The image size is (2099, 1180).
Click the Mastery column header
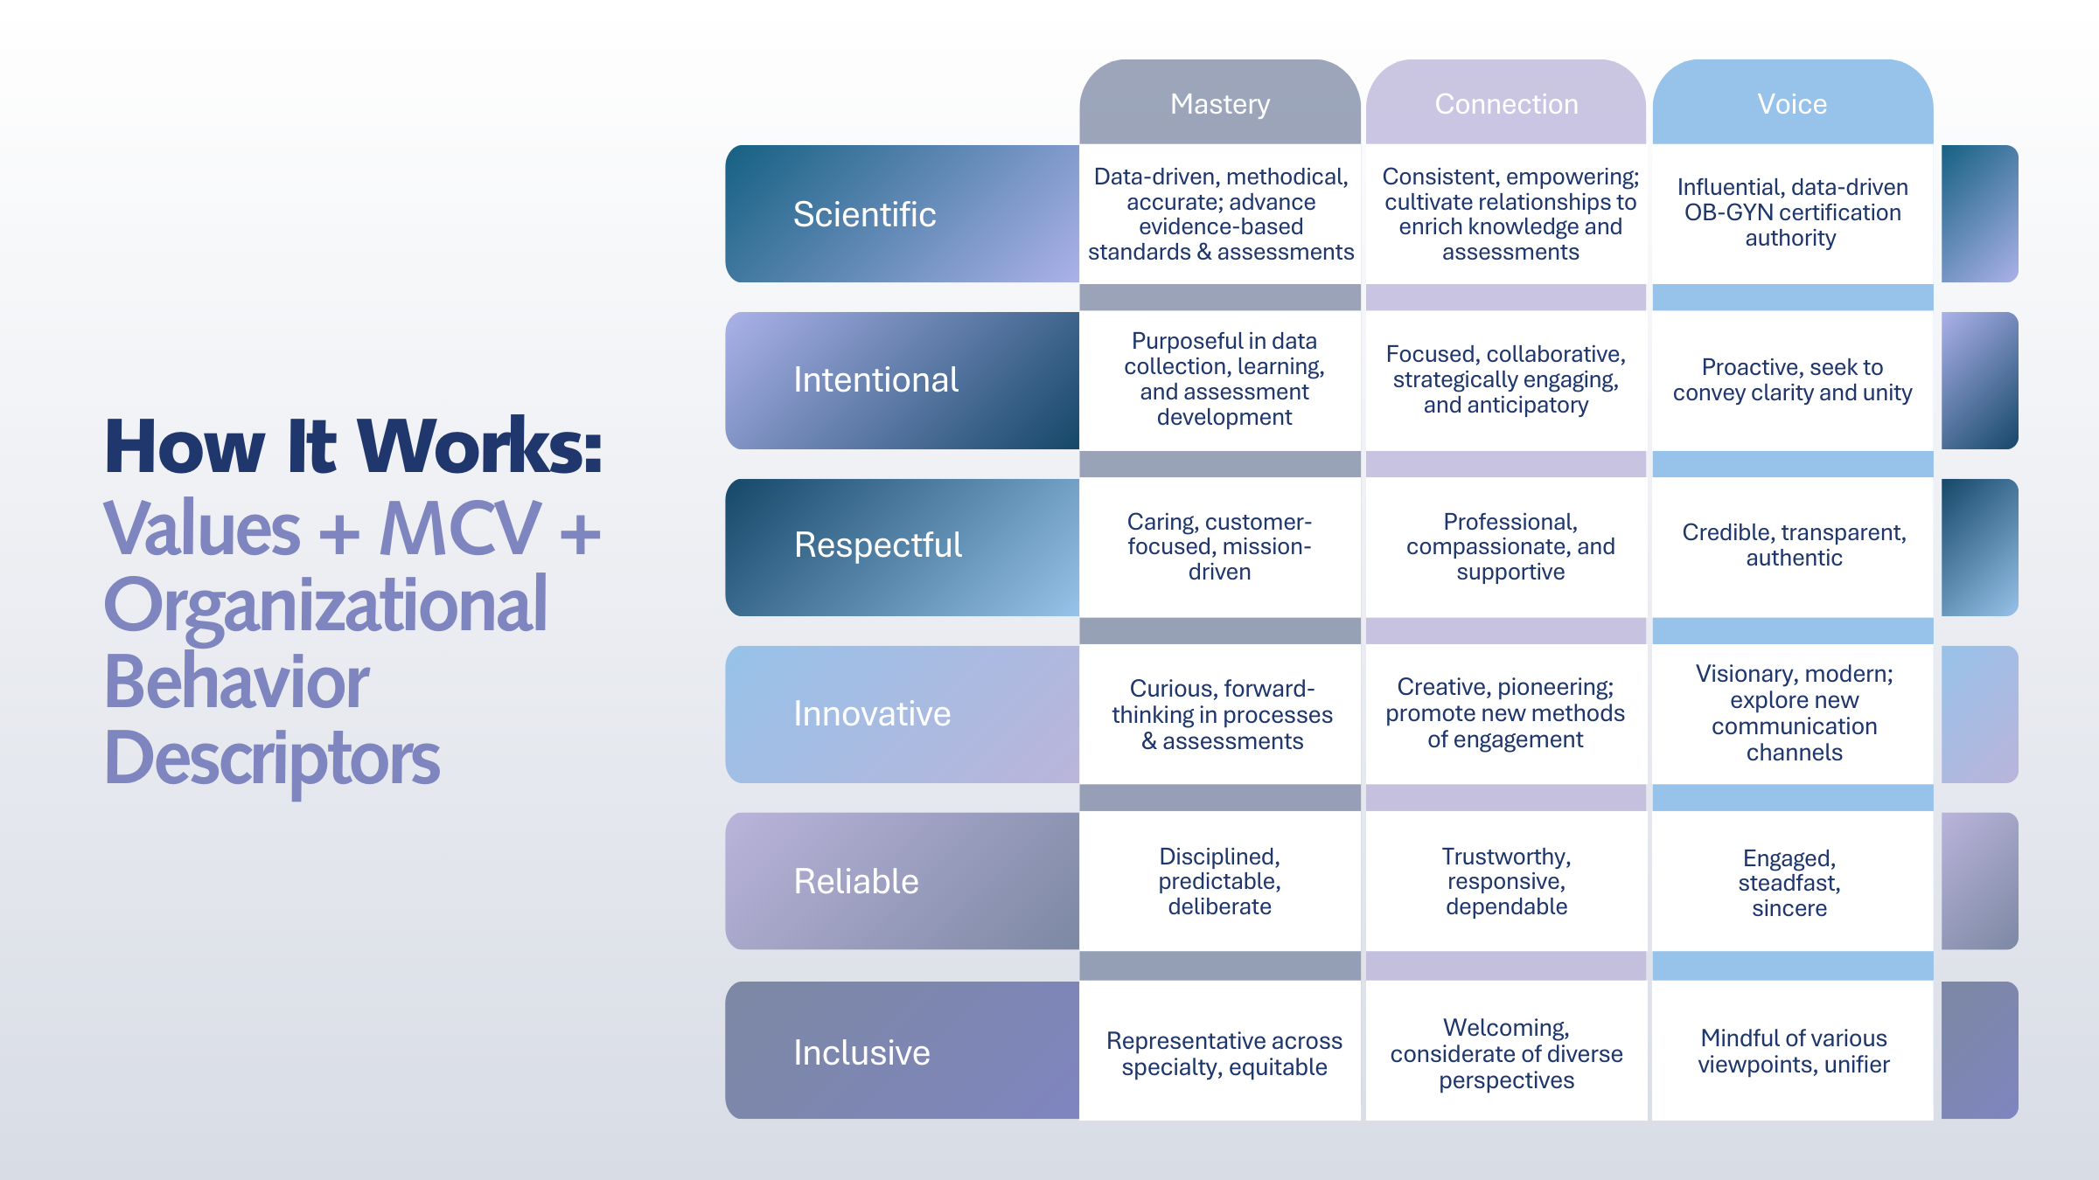(x=1219, y=104)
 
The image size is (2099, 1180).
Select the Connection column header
(x=1506, y=104)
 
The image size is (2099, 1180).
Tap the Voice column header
(x=1792, y=104)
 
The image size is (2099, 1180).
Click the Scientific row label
(x=864, y=214)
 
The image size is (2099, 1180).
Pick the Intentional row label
(x=875, y=380)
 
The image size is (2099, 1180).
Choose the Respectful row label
(x=877, y=545)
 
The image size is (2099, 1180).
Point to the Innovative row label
(x=871, y=714)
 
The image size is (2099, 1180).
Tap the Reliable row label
(x=855, y=881)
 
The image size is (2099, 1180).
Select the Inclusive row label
(x=861, y=1052)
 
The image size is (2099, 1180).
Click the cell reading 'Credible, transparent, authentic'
(x=1793, y=545)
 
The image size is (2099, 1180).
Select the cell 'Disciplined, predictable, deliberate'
(x=1219, y=881)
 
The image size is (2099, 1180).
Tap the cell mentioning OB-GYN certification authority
(x=1792, y=212)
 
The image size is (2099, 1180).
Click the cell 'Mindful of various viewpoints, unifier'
(x=1793, y=1052)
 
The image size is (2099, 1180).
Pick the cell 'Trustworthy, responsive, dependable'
(x=1506, y=881)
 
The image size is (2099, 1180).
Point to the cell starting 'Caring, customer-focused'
(x=1219, y=546)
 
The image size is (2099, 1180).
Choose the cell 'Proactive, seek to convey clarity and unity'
(x=1792, y=380)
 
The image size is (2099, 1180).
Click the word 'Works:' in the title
(x=479, y=447)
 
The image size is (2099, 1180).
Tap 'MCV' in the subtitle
(x=460, y=529)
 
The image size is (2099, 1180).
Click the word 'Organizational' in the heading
(x=325, y=605)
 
